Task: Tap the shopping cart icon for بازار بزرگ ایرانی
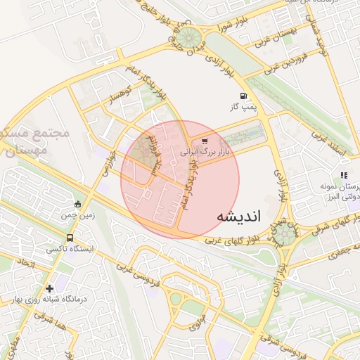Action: point(205,141)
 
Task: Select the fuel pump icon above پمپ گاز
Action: point(243,96)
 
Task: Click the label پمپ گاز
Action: point(244,108)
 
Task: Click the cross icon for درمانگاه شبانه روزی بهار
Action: point(49,288)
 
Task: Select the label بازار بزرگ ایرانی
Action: point(205,152)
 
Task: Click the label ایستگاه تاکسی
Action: point(65,249)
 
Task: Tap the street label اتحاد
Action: point(26,264)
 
